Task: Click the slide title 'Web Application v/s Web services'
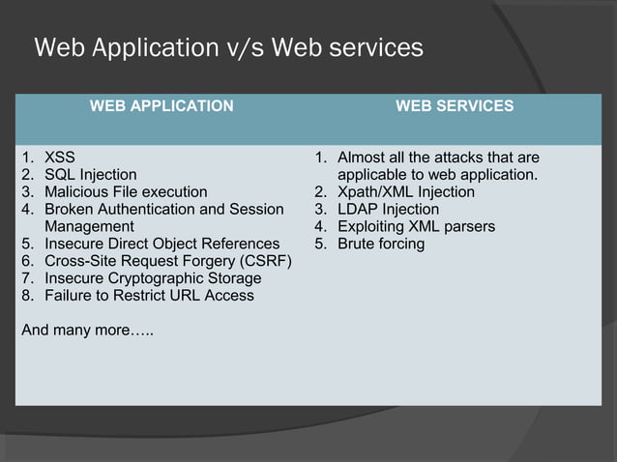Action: point(228,47)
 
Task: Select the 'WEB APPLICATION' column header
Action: point(162,106)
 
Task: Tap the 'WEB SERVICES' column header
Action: point(455,106)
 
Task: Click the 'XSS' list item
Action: point(60,158)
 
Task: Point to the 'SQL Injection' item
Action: point(91,175)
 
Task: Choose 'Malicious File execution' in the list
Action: point(126,192)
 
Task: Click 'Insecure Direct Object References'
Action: point(162,244)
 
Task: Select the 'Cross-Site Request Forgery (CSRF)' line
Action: point(166,261)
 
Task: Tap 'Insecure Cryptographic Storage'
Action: point(153,278)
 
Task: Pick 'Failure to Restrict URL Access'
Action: point(150,296)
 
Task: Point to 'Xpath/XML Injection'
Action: point(405,192)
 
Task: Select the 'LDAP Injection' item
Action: point(388,210)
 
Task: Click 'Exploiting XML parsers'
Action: point(416,227)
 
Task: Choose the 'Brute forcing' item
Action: point(381,244)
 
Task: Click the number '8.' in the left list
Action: point(28,296)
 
